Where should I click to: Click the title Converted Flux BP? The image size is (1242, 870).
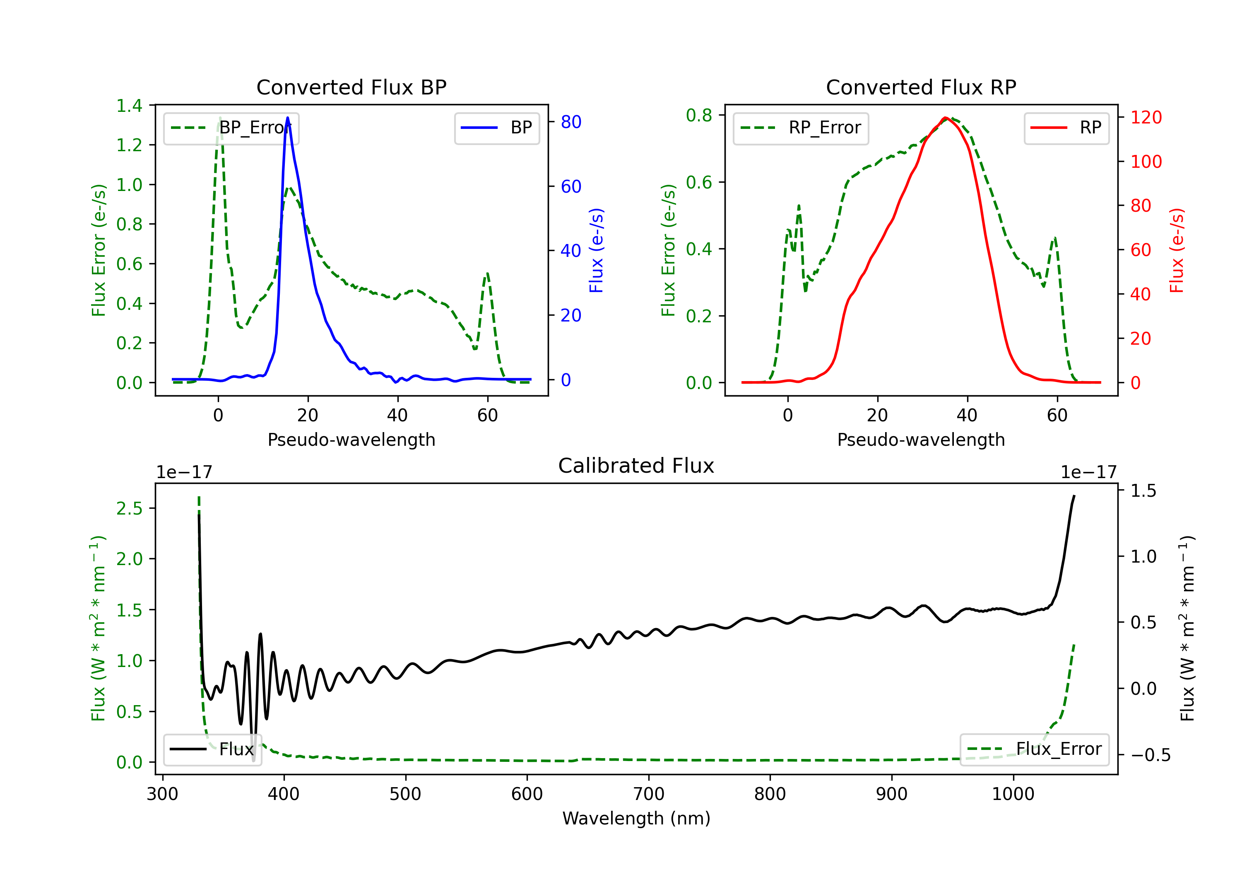[351, 87]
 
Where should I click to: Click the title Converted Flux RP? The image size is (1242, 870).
[921, 87]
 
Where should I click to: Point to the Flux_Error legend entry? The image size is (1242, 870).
[1034, 749]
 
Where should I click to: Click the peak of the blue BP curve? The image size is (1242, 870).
[287, 118]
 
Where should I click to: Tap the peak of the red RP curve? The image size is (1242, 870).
[946, 118]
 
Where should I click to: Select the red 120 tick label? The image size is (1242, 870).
[1146, 118]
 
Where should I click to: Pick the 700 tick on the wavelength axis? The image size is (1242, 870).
[649, 794]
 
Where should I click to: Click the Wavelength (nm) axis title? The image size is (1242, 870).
[636, 818]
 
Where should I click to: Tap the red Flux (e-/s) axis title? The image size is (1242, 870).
[1177, 250]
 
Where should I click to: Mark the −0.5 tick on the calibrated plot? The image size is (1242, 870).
[1150, 755]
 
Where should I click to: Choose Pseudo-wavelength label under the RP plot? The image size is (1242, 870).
[921, 440]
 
